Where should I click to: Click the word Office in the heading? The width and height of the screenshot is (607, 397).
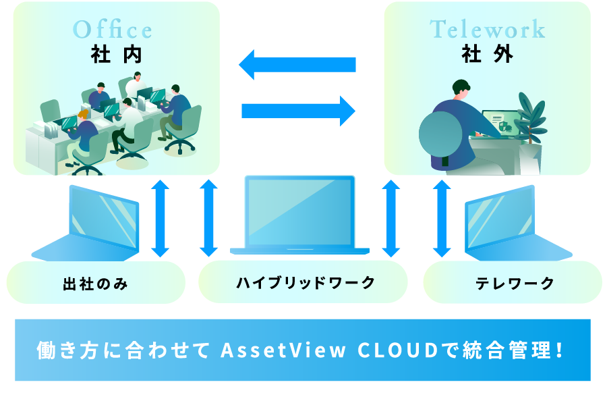point(113,30)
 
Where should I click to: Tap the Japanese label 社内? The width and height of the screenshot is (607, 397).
point(117,54)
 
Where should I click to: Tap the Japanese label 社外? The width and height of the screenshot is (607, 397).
point(488,53)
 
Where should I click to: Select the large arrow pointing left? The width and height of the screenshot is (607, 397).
point(297,64)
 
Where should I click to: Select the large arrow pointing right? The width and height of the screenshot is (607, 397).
point(299,111)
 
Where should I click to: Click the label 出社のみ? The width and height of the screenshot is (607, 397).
point(95,284)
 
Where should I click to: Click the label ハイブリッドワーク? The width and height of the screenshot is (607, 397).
point(306,282)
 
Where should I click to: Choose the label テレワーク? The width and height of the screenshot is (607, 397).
point(515,284)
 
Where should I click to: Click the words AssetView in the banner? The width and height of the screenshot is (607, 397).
point(283,350)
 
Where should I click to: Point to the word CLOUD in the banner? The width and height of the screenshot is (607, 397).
point(397,350)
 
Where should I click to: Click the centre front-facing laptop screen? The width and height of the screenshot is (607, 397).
point(299,212)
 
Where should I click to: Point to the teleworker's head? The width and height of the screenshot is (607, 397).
point(461,90)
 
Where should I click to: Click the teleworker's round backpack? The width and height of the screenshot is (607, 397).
point(441,136)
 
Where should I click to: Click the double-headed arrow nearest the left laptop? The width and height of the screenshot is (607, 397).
point(161,218)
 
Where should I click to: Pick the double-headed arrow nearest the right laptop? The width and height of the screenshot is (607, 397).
point(442,218)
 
